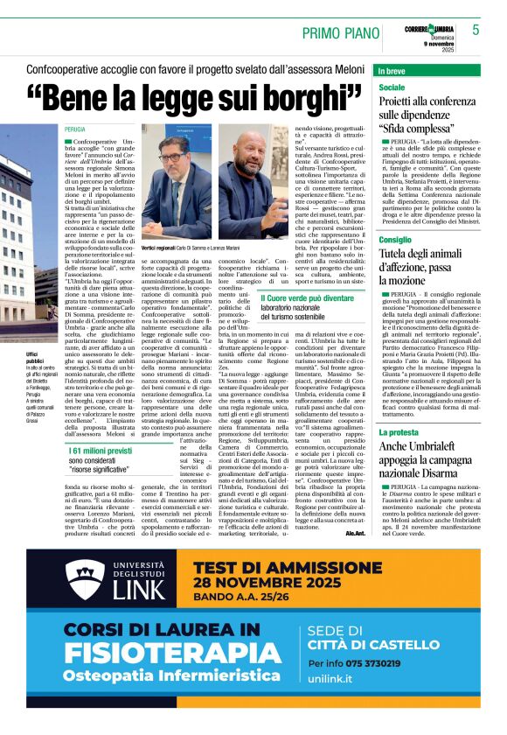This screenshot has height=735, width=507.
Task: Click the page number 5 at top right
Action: (476, 30)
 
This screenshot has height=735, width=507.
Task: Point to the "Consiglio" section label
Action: (396, 238)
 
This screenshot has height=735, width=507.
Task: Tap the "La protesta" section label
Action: (399, 432)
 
